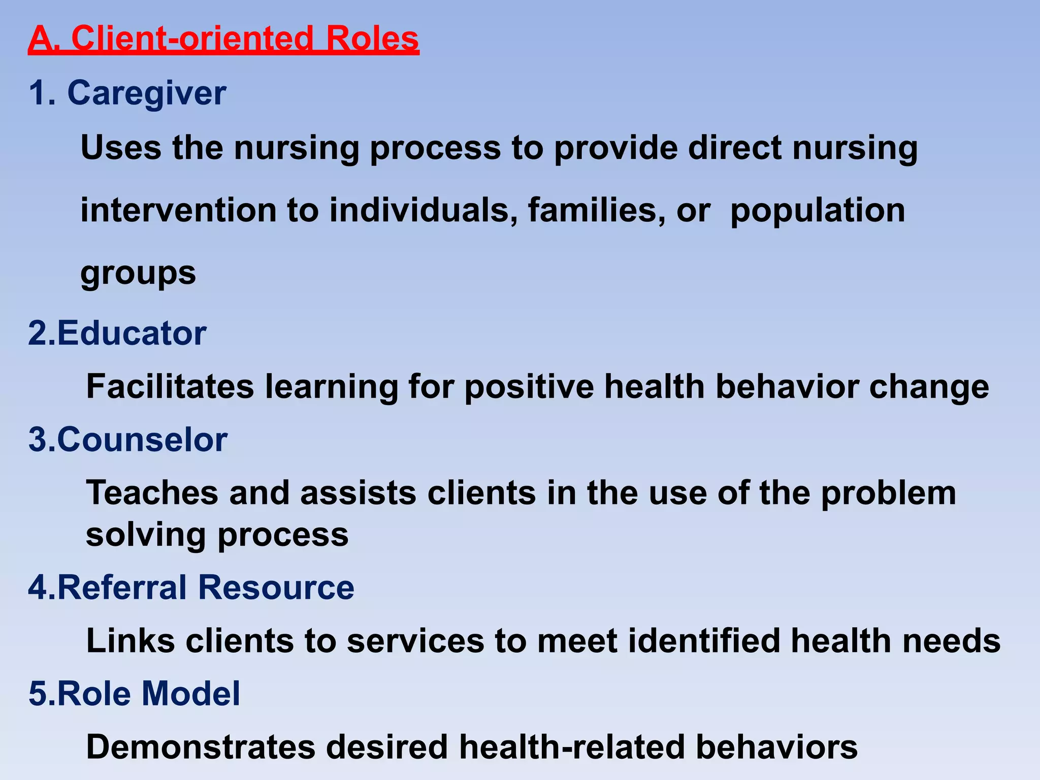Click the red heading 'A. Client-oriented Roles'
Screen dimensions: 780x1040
pos(223,39)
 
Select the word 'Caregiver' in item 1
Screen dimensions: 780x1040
pos(147,93)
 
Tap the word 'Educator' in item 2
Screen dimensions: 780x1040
pos(132,334)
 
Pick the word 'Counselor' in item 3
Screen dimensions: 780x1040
pos(142,440)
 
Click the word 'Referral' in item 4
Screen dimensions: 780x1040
pos(122,588)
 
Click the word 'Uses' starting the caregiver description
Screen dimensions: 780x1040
pos(121,148)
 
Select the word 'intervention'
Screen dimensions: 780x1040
pos(178,210)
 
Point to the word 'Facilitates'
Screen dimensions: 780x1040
pos(170,387)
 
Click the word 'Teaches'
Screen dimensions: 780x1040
pos(152,493)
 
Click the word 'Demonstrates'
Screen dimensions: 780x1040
pos(201,747)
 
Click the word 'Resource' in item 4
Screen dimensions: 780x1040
pos(276,588)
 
